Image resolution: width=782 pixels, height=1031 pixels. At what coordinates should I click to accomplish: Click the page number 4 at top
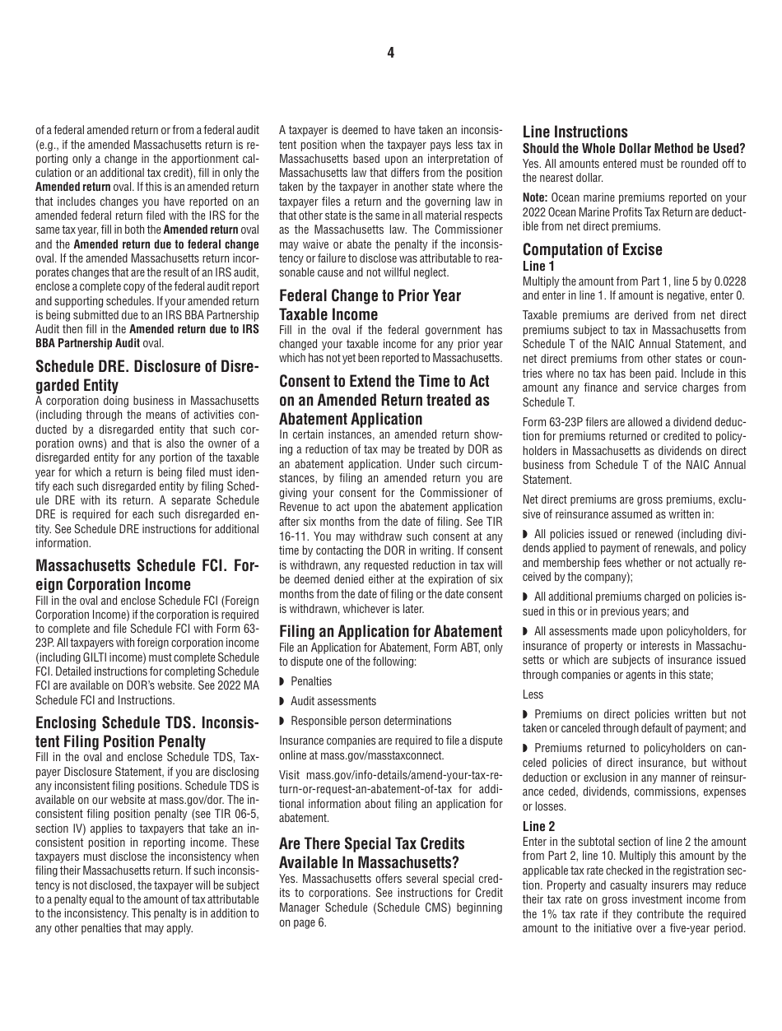391,53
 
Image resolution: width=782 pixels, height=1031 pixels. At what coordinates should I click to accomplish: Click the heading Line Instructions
575,132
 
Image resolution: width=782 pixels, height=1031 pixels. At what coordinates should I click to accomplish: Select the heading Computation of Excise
592,249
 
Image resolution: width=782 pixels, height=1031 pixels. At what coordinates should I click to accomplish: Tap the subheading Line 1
538,266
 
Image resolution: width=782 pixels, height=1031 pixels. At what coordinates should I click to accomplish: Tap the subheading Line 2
538,825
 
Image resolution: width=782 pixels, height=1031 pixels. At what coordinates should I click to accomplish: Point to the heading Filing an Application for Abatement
390,631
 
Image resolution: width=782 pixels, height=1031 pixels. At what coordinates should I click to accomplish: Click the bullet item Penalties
311,681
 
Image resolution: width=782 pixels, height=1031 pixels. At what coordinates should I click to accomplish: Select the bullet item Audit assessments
333,701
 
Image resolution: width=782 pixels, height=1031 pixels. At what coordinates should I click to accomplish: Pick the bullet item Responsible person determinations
370,721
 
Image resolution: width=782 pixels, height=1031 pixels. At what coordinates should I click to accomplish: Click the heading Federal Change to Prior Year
370,295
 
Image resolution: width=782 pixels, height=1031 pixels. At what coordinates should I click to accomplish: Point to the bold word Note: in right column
535,197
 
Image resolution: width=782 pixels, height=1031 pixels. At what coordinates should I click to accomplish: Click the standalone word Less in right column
533,694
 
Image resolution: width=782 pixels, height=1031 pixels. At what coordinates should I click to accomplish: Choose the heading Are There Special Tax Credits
371,843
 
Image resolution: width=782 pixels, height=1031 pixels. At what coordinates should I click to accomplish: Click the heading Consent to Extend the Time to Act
384,381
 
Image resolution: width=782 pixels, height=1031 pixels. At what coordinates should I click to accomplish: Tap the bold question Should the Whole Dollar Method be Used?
634,148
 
